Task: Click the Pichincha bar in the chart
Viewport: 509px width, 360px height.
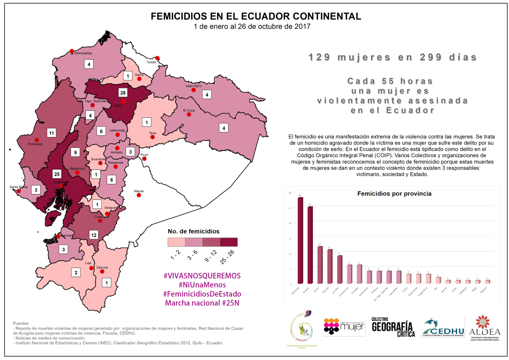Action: [300, 240]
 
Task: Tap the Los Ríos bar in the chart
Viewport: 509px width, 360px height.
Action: [340, 269]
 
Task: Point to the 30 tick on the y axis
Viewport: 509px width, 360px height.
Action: [290, 193]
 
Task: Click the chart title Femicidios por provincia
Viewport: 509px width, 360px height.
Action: [394, 194]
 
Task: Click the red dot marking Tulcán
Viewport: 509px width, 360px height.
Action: [157, 58]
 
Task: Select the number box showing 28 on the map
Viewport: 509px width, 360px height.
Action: [123, 92]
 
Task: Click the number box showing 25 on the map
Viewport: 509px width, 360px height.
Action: [57, 173]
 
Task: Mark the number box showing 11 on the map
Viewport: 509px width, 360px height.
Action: [51, 133]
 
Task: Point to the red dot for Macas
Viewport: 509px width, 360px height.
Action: [139, 195]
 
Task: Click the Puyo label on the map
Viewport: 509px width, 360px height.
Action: [144, 155]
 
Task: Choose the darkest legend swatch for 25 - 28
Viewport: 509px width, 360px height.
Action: [229, 242]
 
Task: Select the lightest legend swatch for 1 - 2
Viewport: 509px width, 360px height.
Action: [176, 242]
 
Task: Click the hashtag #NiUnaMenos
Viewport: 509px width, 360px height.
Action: [202, 284]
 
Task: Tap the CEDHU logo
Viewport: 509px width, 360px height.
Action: [443, 327]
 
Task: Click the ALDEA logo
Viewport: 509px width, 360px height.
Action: [485, 327]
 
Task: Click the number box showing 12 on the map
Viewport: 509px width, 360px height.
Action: [94, 235]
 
